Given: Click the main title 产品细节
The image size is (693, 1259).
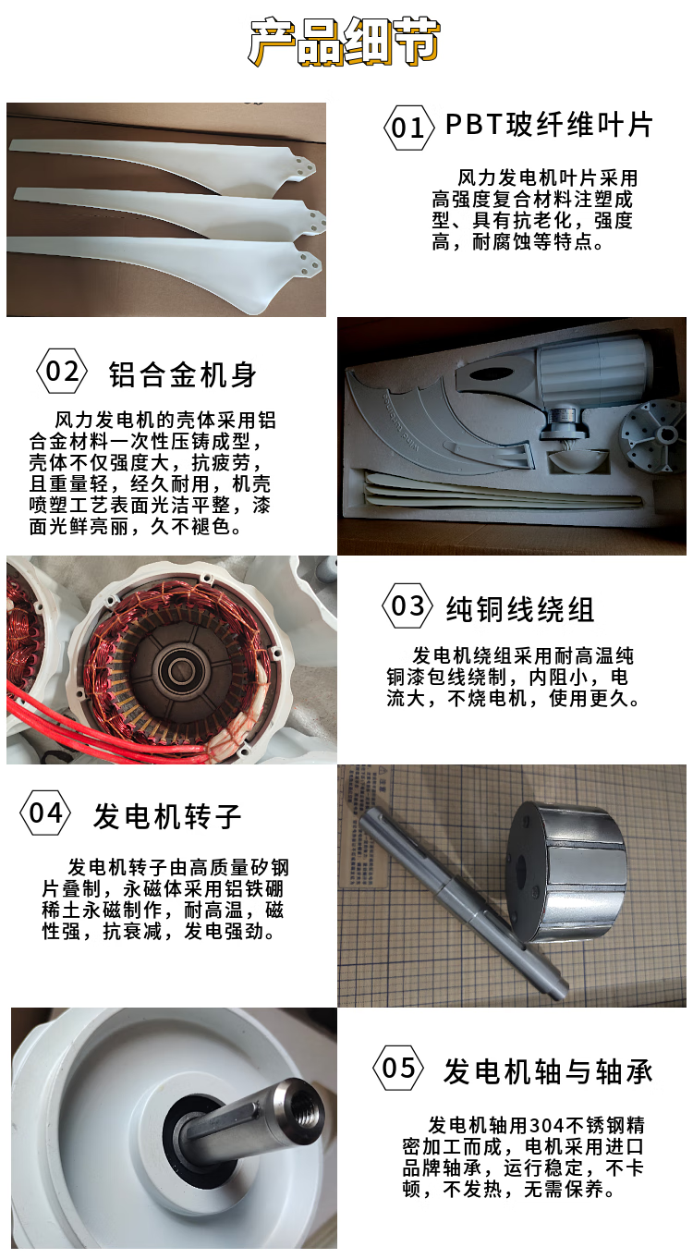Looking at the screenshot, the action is [x=344, y=41].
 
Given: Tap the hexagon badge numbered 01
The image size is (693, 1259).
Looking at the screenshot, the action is [x=408, y=128].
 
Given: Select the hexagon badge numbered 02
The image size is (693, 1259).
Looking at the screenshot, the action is [x=62, y=372].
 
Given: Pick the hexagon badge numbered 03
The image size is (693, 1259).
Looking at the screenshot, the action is [x=407, y=605].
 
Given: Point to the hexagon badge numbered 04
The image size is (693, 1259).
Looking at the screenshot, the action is [x=45, y=813].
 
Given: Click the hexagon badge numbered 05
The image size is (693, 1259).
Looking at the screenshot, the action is [x=398, y=1068].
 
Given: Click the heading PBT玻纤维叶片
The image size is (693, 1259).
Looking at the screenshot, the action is [x=549, y=125].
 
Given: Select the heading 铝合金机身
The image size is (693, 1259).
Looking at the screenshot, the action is [x=183, y=375].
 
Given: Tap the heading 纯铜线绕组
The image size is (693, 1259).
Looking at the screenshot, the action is [x=520, y=610].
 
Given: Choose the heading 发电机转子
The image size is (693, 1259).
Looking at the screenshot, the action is [x=167, y=816].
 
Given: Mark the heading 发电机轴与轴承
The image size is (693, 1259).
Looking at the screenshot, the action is [x=548, y=1071].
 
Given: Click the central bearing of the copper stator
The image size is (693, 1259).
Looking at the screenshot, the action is [x=181, y=670].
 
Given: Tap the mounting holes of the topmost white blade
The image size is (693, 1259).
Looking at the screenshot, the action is [x=303, y=166].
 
